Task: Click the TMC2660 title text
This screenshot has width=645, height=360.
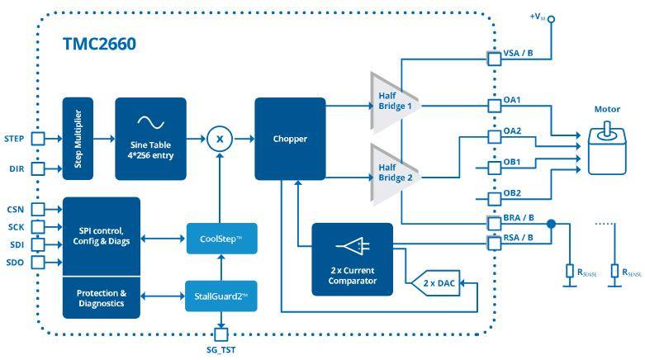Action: [x=98, y=44]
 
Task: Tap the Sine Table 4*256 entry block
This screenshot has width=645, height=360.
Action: [x=150, y=138]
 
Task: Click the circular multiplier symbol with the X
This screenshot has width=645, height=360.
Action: [x=220, y=139]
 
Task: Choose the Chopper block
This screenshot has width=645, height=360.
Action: [x=290, y=139]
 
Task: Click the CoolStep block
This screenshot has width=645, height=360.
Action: [x=222, y=238]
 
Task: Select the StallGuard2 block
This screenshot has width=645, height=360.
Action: [x=222, y=295]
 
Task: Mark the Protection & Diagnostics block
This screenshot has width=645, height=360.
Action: [x=101, y=297]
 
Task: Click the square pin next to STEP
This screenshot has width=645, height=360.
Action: [x=38, y=139]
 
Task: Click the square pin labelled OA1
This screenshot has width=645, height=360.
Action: [x=493, y=107]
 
